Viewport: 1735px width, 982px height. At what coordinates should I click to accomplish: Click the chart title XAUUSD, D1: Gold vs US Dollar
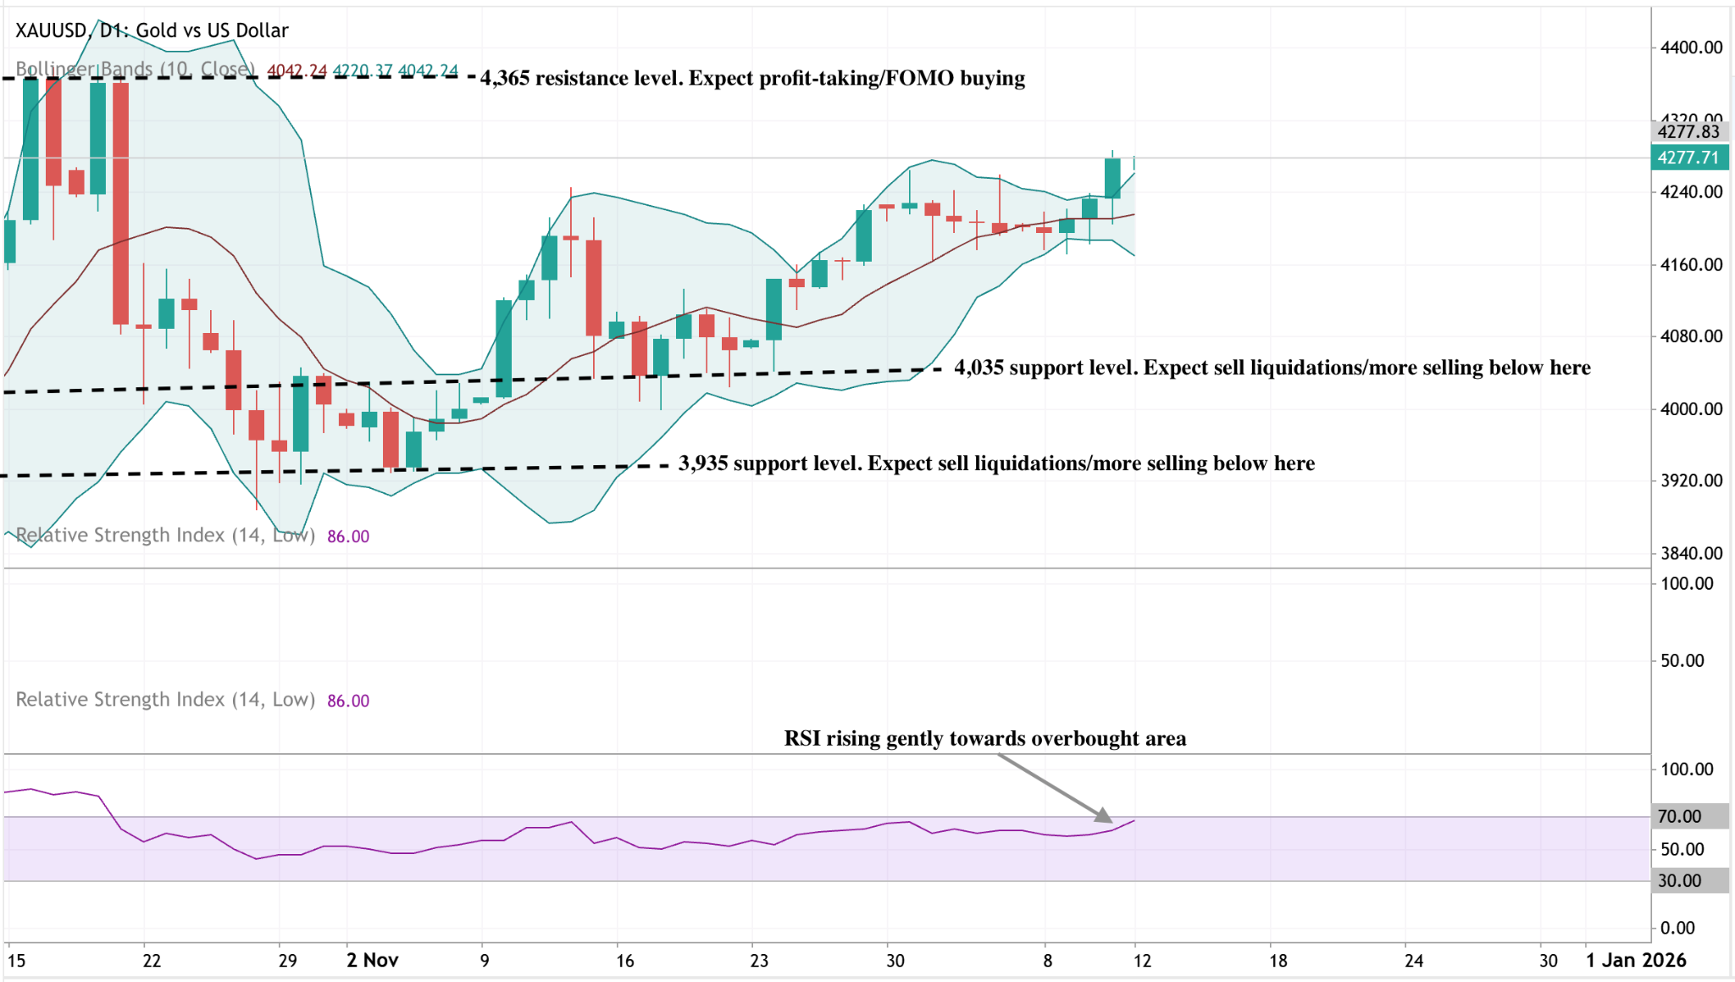click(152, 31)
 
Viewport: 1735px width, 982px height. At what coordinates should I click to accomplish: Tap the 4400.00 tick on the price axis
click(1691, 47)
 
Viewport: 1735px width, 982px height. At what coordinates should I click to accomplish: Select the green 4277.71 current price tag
click(1688, 158)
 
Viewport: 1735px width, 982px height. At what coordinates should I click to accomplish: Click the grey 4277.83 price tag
click(1688, 131)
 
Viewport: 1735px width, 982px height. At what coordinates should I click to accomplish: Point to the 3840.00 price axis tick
click(1691, 553)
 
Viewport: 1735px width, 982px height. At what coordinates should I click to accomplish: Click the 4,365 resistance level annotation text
click(752, 78)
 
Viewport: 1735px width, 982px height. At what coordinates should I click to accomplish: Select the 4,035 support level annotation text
click(1272, 368)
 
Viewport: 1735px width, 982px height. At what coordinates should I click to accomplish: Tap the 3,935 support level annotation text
click(996, 463)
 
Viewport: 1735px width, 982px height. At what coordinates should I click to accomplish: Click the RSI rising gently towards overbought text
click(984, 739)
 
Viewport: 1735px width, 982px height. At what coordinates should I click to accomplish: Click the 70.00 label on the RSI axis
click(1679, 817)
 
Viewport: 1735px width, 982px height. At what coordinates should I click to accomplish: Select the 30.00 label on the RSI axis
click(1679, 881)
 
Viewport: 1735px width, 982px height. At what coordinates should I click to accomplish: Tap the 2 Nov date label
click(372, 960)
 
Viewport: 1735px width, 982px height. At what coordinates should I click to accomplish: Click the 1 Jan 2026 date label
click(1636, 960)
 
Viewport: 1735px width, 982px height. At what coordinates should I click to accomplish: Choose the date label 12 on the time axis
click(1142, 961)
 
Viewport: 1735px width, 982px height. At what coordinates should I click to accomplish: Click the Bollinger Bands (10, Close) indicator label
click(136, 69)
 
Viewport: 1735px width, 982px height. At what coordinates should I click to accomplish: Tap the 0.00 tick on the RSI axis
click(1677, 928)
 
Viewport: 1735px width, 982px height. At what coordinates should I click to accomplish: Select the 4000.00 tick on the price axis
click(1691, 409)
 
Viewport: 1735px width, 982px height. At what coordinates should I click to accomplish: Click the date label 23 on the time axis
click(759, 961)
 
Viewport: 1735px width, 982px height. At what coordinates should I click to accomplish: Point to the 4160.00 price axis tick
click(1691, 265)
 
